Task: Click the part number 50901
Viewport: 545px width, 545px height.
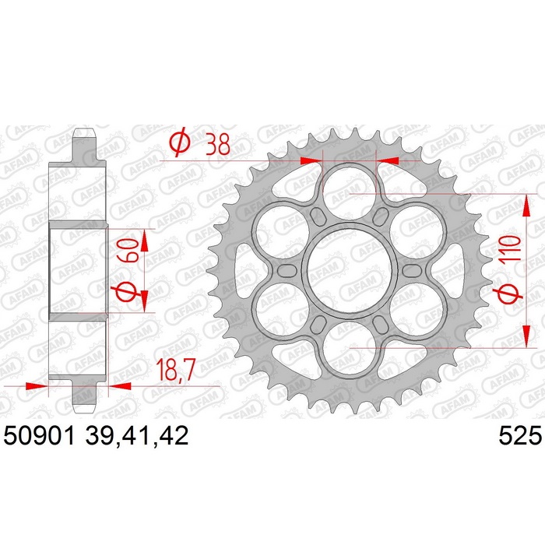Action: pyautogui.click(x=39, y=436)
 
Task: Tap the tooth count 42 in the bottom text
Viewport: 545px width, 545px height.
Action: pyautogui.click(x=174, y=436)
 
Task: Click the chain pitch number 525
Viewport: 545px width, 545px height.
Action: pyautogui.click(x=520, y=436)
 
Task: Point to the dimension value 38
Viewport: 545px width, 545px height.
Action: pyautogui.click(x=218, y=145)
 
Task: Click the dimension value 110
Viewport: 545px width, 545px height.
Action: pyautogui.click(x=511, y=248)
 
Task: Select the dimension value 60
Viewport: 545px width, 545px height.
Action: pyautogui.click(x=128, y=250)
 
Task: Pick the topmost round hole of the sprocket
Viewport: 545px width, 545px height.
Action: pyautogui.click(x=350, y=192)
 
